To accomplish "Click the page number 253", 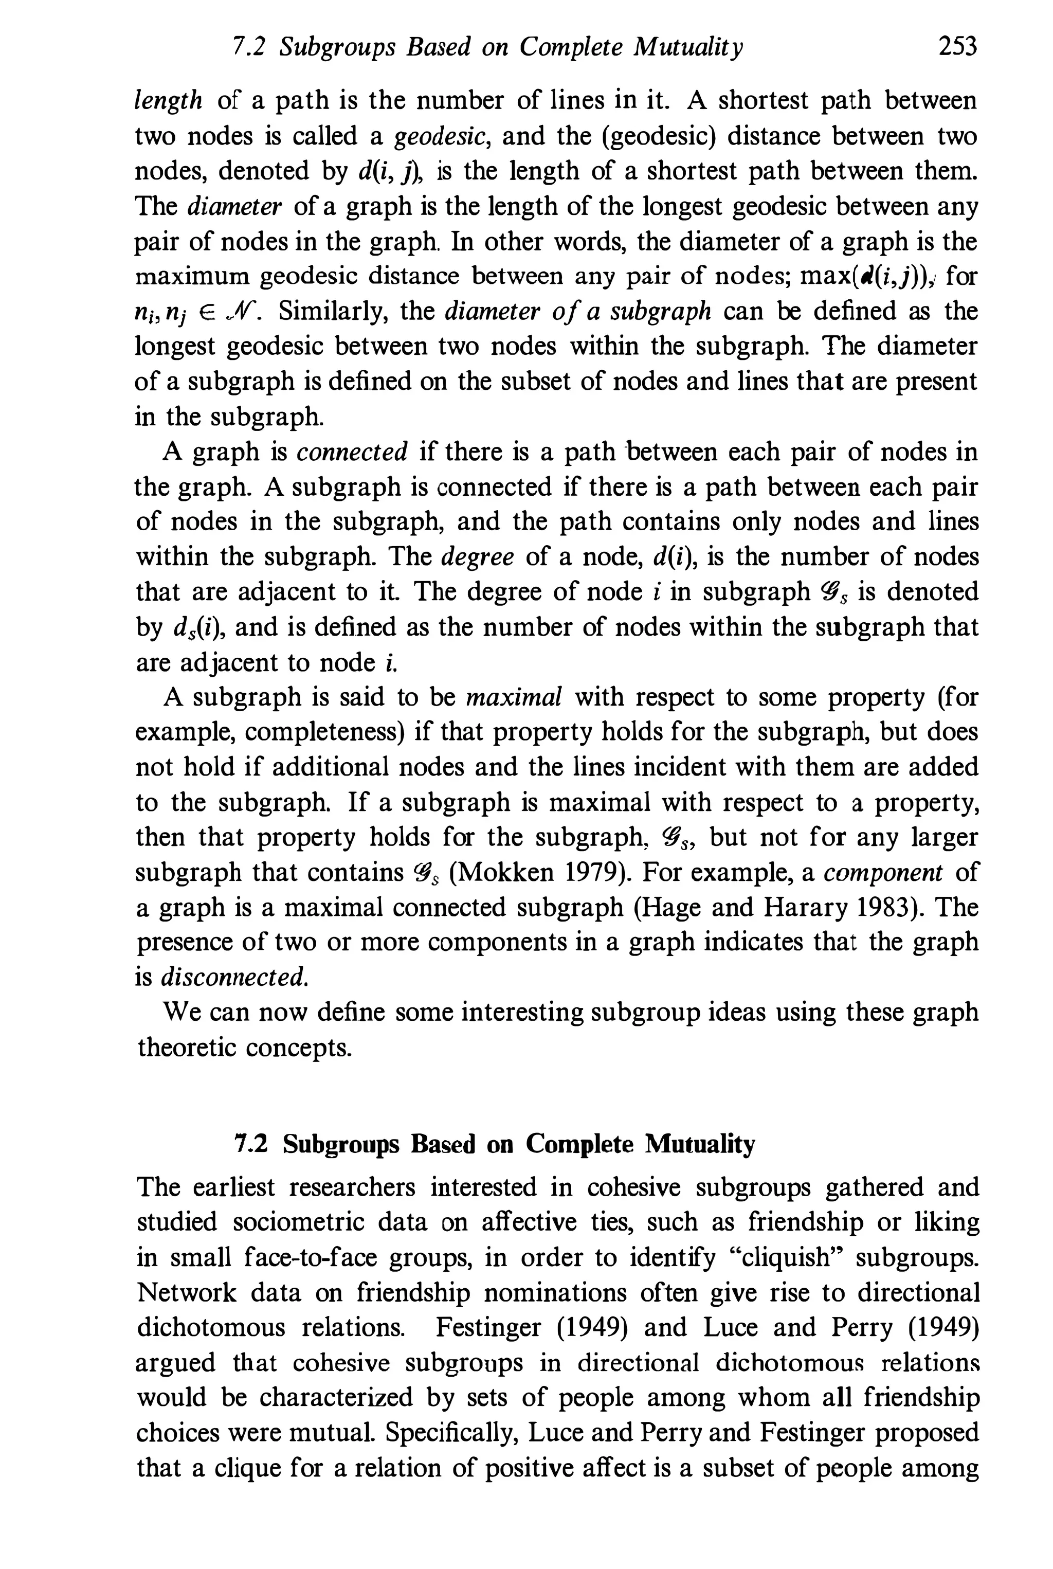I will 957,47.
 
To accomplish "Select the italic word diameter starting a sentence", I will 234,206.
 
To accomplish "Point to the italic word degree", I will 478,557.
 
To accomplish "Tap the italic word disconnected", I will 235,977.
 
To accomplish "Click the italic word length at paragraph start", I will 168,101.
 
